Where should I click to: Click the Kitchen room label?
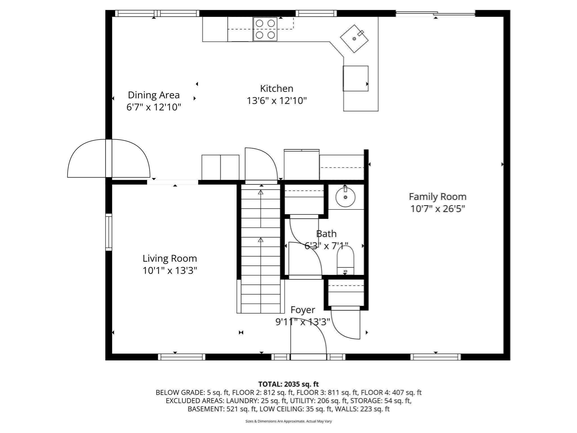point(276,89)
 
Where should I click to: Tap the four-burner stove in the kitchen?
point(265,29)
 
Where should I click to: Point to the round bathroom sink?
point(345,197)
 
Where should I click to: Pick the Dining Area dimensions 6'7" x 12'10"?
point(154,107)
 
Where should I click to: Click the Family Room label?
point(437,196)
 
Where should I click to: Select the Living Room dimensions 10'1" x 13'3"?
point(170,271)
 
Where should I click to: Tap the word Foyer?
point(303,310)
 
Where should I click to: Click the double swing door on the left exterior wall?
point(109,158)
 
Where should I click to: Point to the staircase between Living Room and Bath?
point(261,248)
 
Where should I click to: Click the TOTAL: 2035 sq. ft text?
point(288,384)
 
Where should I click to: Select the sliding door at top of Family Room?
point(435,13)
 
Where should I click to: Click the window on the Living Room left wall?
point(109,232)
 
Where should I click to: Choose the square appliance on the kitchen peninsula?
point(355,78)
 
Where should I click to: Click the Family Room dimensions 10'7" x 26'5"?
point(437,209)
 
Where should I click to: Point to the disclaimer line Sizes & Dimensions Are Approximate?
point(288,421)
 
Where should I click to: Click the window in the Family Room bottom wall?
point(435,357)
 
